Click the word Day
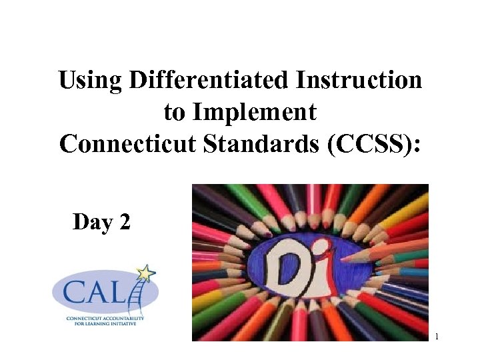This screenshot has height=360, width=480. tap(92, 222)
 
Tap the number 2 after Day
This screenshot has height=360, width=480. tap(124, 222)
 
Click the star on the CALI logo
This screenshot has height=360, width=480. tap(146, 274)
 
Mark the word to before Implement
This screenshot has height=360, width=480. tap(175, 113)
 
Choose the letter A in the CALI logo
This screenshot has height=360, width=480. tap(97, 294)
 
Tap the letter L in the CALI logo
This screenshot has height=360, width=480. tap(121, 294)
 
